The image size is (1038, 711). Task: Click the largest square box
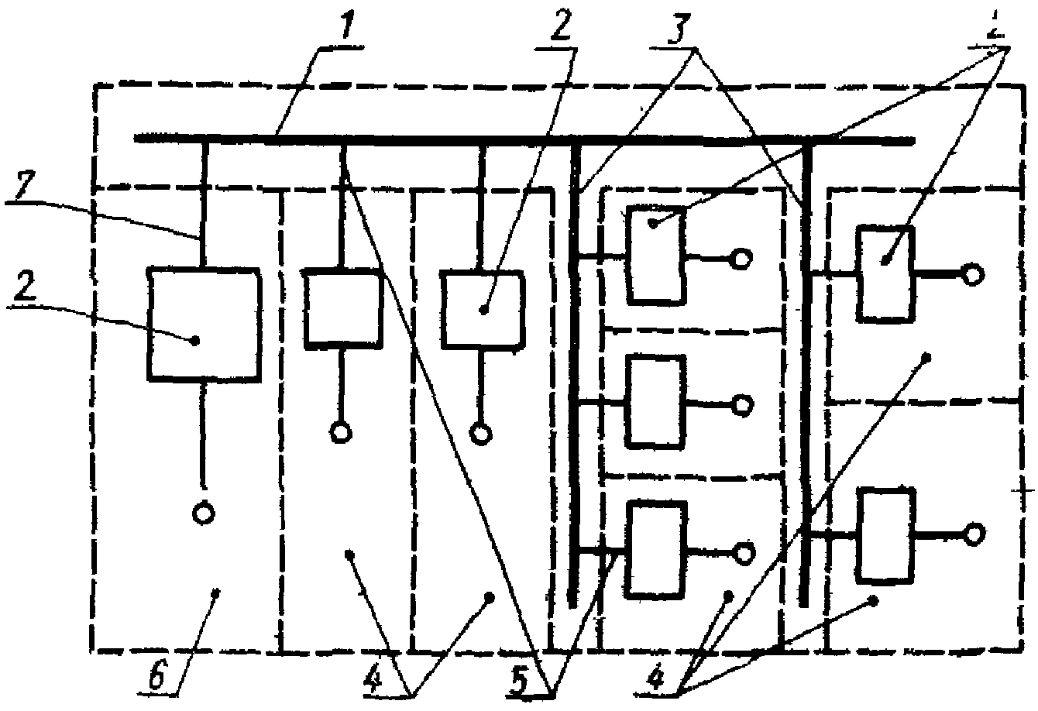coord(203,325)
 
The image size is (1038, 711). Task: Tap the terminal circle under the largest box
coord(203,513)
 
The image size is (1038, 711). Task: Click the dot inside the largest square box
coord(195,340)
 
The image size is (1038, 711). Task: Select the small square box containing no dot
coord(342,306)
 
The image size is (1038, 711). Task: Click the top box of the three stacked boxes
coord(655,254)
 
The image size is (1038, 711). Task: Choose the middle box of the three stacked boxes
coord(655,401)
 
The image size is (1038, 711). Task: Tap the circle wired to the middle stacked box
coord(742,404)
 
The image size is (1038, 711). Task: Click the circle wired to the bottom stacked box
coord(744,552)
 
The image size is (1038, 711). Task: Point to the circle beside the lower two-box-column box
coord(974,533)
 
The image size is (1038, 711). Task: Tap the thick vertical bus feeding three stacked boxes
coord(574,372)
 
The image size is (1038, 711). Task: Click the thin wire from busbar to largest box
coord(204,205)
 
